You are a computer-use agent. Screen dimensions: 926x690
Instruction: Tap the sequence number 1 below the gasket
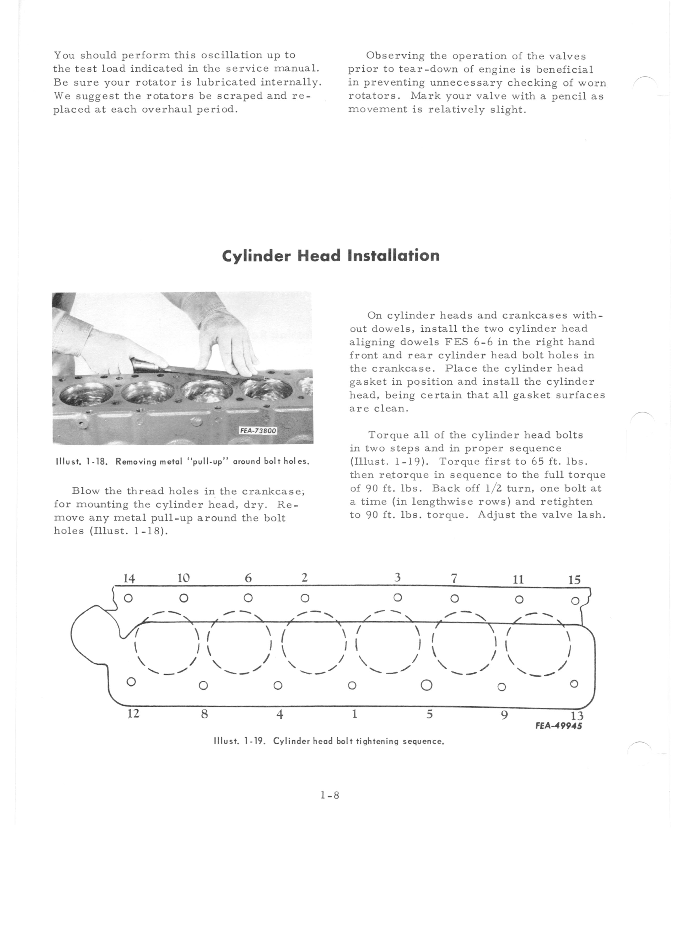click(x=354, y=714)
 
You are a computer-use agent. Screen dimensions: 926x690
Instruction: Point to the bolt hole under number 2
click(x=305, y=598)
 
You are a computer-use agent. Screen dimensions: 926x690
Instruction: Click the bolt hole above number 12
click(x=131, y=682)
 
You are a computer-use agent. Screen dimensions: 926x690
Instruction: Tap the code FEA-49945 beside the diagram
click(x=558, y=726)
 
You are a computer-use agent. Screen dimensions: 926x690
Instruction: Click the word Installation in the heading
click(x=393, y=255)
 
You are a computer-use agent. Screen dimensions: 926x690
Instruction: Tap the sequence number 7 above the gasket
click(x=454, y=578)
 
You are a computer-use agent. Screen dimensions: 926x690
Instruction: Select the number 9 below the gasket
click(x=504, y=715)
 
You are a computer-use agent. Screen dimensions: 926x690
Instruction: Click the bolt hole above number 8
click(x=203, y=686)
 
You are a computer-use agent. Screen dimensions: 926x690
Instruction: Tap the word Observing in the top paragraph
click(x=395, y=56)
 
